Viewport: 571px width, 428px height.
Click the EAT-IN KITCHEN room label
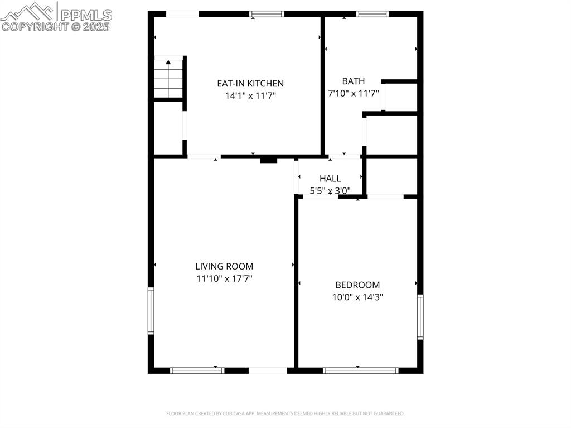[x=250, y=84]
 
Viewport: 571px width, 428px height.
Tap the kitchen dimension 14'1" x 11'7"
[x=250, y=96]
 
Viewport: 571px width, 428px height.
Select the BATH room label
[x=353, y=81]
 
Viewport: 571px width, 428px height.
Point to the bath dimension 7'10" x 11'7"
[x=353, y=93]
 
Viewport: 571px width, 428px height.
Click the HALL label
[x=330, y=179]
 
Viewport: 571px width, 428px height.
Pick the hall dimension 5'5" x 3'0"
[x=330, y=190]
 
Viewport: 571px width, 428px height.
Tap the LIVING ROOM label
[x=224, y=267]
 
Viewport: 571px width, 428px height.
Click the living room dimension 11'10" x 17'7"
[x=224, y=279]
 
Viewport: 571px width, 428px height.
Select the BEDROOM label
[x=357, y=285]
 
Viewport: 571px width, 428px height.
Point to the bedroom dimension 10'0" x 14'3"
[x=357, y=297]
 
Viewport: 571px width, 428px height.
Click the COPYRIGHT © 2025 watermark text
[x=55, y=27]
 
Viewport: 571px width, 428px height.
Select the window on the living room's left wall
[x=151, y=311]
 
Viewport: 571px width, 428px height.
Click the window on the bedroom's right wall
[x=420, y=317]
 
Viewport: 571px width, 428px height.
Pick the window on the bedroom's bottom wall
[x=361, y=371]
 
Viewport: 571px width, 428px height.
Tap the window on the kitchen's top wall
[x=267, y=14]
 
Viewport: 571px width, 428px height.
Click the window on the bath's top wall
[x=372, y=14]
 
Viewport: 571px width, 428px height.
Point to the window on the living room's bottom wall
[x=197, y=371]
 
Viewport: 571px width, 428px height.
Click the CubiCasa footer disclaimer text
[x=285, y=413]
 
